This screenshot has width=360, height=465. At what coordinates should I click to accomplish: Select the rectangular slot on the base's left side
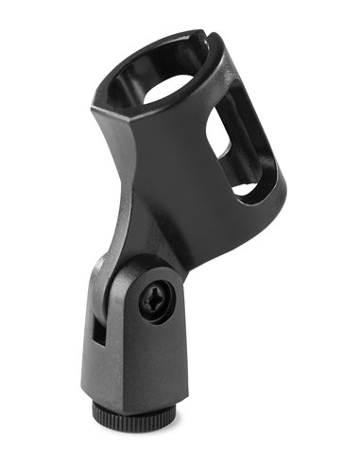coord(99,330)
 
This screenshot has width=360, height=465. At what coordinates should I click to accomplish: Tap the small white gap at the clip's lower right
coord(245,189)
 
